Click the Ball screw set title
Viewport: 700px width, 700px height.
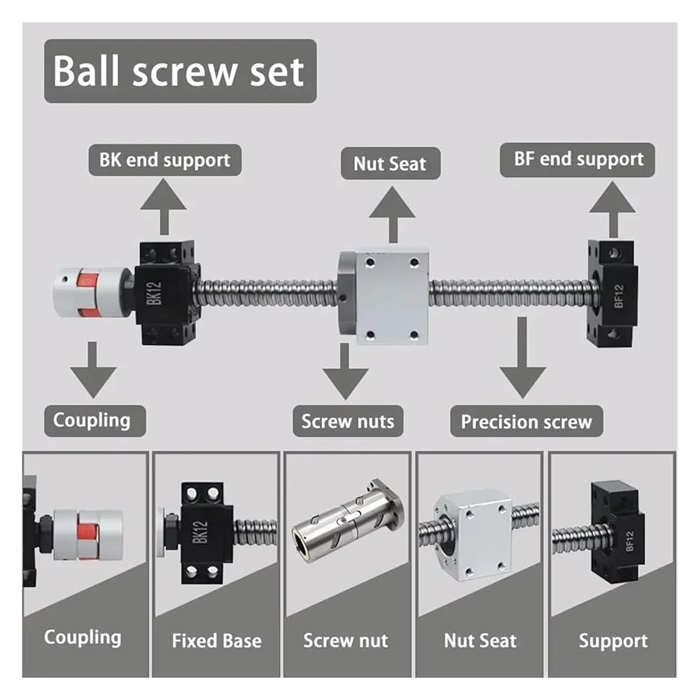click(180, 71)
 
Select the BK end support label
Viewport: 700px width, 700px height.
click(164, 160)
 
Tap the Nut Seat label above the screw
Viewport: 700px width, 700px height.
click(389, 164)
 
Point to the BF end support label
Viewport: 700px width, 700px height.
click(578, 159)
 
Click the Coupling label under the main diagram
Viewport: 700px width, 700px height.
click(92, 420)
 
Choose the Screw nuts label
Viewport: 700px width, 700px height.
click(347, 421)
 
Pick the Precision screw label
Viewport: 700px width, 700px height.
click(526, 422)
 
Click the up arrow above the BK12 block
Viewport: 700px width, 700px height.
click(164, 207)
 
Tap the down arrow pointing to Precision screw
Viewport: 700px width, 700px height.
click(522, 358)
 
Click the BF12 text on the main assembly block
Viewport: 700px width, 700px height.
click(619, 293)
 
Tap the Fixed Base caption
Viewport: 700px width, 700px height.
click(216, 640)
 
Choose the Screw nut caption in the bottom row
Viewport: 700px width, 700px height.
click(345, 640)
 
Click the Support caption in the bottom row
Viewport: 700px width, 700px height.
click(613, 640)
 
